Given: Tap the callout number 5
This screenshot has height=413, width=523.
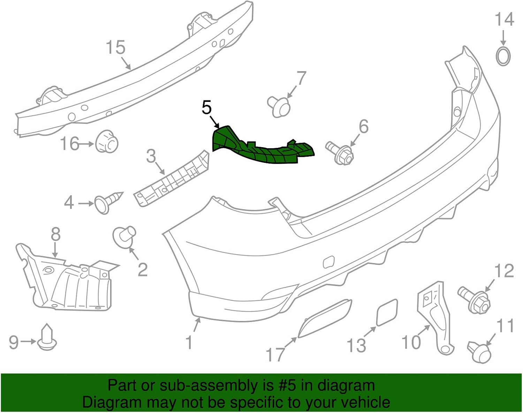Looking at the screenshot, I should [207, 108].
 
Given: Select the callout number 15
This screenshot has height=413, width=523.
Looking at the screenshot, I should [116, 47].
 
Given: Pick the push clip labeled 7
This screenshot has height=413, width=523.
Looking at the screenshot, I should [279, 106].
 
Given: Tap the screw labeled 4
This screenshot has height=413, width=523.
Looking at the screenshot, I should [108, 202].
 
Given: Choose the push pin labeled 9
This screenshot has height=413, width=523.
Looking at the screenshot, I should [46, 338].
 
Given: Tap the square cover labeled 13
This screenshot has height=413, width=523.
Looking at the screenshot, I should [387, 312].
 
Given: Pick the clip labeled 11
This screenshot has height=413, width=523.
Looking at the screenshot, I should [480, 352].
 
